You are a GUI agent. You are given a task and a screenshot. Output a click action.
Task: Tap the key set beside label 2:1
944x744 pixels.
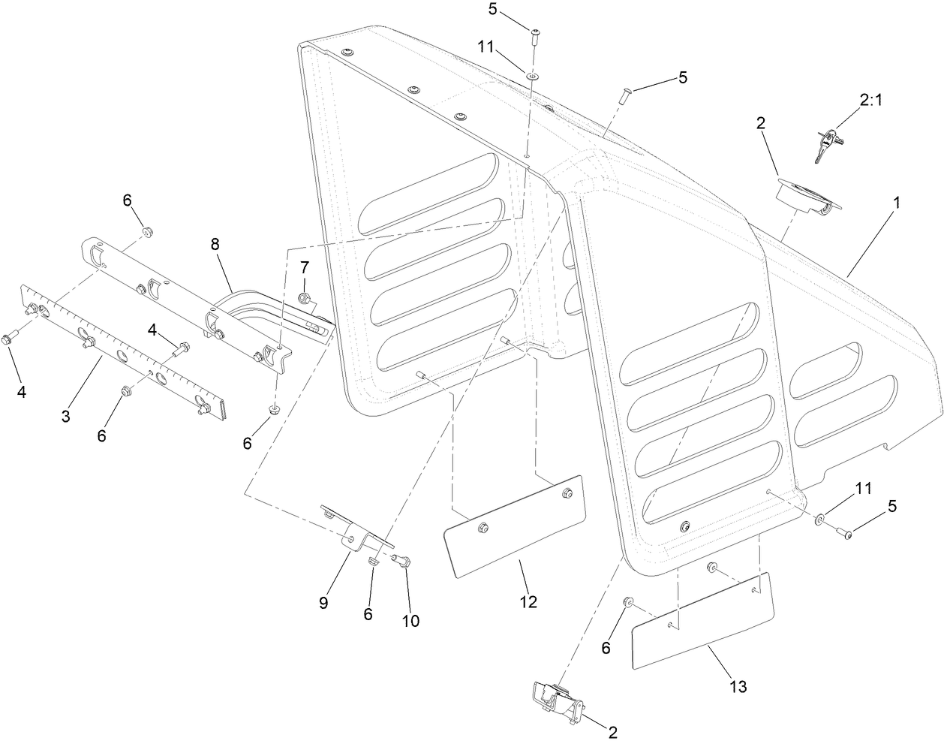click(x=825, y=143)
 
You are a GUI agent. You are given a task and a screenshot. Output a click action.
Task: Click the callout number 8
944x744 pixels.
click(x=215, y=244)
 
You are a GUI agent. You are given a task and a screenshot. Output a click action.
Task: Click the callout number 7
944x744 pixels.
click(x=305, y=267)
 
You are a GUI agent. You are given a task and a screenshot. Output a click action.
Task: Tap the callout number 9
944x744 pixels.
click(x=323, y=603)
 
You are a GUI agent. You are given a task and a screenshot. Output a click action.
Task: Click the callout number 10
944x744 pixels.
click(x=410, y=621)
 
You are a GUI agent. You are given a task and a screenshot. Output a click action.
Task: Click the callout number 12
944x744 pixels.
click(x=529, y=601)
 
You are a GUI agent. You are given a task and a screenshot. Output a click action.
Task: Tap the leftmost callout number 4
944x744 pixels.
click(x=22, y=371)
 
